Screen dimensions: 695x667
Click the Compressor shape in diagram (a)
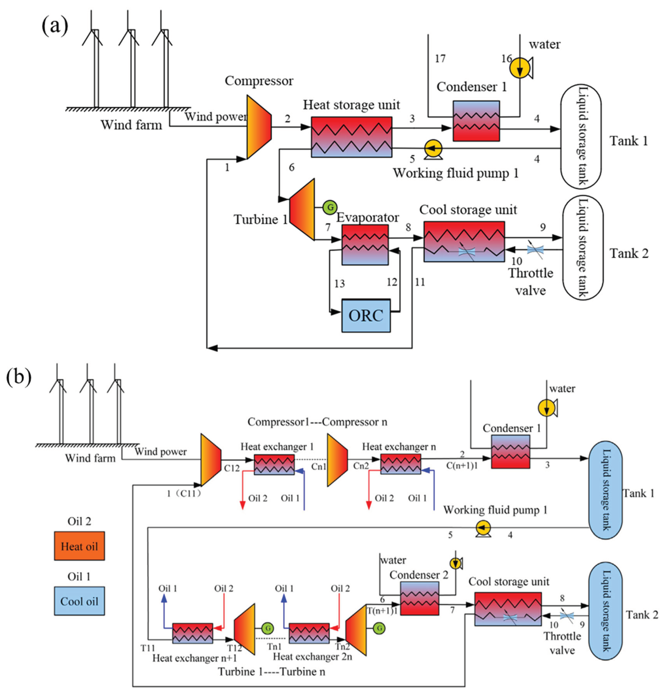pos(259,127)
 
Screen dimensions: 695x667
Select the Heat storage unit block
pos(351,137)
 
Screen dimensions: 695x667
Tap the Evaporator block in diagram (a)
pos(365,245)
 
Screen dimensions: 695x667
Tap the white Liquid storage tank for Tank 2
pos(583,248)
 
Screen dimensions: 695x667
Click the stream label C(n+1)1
pos(462,466)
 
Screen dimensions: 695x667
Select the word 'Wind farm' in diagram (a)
pos(131,125)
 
